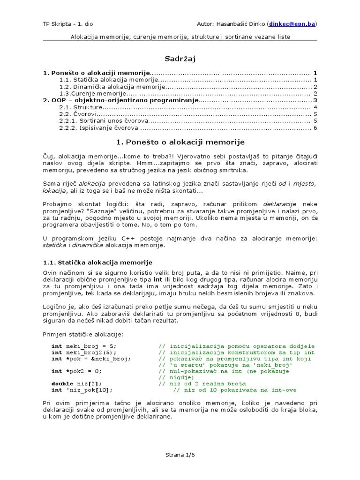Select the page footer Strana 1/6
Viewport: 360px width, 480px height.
[180, 455]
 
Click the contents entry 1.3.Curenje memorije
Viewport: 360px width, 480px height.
[93, 93]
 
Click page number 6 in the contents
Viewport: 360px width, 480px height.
[315, 127]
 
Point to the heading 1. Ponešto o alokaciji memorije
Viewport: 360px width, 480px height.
[180, 142]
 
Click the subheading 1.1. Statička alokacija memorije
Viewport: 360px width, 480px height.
[97, 262]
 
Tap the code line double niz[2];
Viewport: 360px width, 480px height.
[77, 383]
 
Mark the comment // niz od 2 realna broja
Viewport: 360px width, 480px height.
[202, 383]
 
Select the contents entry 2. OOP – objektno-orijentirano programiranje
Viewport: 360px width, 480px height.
[120, 100]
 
